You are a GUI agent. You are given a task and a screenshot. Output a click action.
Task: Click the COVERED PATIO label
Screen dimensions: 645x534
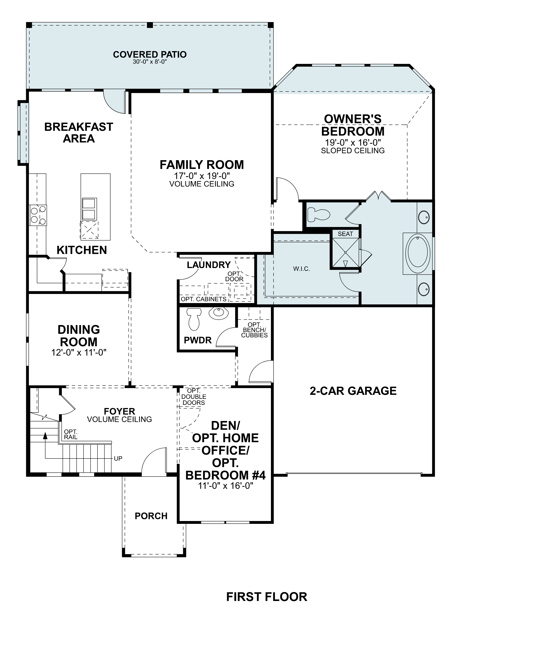pos(150,55)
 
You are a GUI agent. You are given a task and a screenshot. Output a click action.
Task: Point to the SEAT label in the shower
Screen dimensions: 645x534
pos(345,234)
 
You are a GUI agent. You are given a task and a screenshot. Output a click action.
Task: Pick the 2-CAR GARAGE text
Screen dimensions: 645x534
pos(353,391)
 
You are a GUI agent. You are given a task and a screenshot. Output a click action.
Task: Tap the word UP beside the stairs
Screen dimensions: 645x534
pos(118,458)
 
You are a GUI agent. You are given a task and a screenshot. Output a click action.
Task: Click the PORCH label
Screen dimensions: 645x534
pos(151,516)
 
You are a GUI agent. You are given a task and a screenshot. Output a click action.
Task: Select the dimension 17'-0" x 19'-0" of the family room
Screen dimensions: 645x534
pos(202,176)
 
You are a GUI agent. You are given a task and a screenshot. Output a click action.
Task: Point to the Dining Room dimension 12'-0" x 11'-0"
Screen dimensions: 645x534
pos(79,352)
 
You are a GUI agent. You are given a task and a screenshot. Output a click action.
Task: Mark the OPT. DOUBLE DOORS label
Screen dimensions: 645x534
pos(194,397)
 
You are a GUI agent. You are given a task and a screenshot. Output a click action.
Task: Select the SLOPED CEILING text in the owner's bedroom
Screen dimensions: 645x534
pos(353,151)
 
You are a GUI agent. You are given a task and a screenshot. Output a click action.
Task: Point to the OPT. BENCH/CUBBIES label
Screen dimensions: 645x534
pos(254,330)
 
